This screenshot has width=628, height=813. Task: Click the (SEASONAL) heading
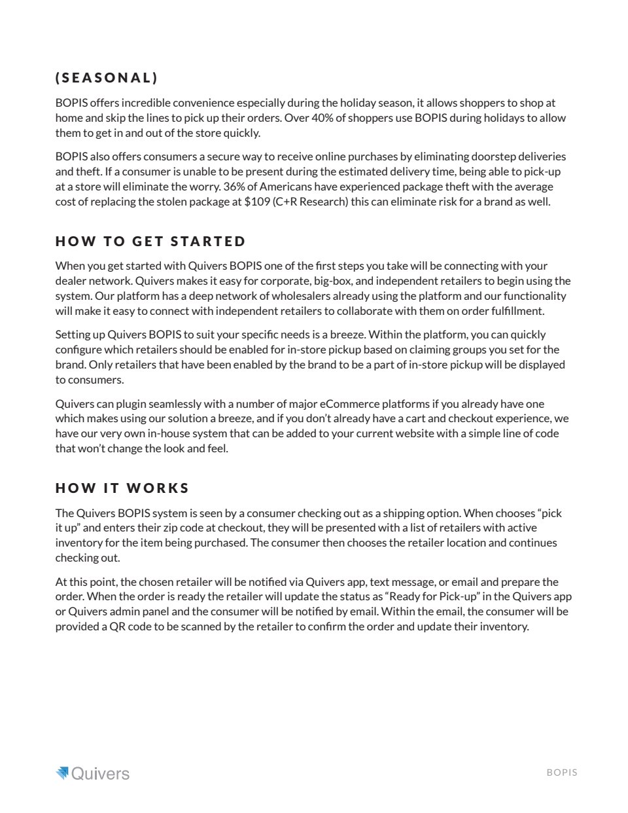[x=107, y=78]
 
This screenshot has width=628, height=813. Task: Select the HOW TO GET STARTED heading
[x=150, y=242]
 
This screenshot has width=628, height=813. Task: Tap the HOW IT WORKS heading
[x=122, y=488]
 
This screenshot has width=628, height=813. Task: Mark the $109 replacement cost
[x=256, y=202]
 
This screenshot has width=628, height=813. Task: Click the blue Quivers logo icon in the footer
[x=62, y=773]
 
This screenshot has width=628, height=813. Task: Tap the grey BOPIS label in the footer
[x=562, y=772]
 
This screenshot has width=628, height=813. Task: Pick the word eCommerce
[x=349, y=404]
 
